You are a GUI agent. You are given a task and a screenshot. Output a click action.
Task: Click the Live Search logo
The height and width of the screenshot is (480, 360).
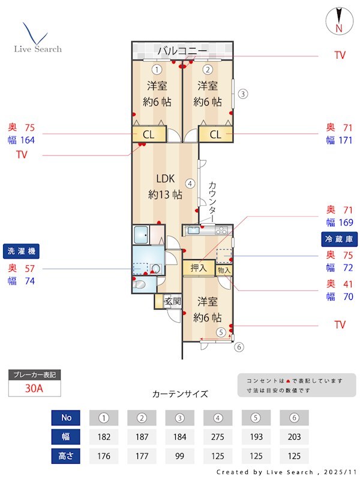(x=37, y=38)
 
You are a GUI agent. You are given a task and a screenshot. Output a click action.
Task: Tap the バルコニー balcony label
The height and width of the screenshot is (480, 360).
(x=182, y=50)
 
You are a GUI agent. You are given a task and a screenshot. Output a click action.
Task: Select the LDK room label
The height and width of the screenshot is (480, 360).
(x=165, y=186)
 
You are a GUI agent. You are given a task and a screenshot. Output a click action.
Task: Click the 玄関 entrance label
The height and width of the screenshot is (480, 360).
(x=173, y=301)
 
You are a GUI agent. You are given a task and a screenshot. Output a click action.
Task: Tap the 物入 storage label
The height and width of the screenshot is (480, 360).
(x=224, y=271)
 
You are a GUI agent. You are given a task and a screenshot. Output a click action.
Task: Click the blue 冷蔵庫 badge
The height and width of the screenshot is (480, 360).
(x=339, y=239)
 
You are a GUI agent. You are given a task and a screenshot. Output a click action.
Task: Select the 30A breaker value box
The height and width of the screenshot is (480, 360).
(x=34, y=388)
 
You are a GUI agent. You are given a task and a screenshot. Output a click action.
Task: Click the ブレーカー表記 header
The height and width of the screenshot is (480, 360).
(x=34, y=375)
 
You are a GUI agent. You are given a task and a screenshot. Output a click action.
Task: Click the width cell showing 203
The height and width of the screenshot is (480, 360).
(x=294, y=437)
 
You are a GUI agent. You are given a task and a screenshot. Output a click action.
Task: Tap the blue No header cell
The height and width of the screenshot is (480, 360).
(x=66, y=418)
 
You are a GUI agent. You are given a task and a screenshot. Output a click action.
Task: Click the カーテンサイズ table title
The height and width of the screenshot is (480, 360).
(x=180, y=394)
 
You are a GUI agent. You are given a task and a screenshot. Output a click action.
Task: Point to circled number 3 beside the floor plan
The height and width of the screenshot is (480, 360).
(x=242, y=94)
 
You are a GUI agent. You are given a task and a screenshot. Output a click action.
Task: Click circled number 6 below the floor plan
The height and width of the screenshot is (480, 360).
(x=238, y=346)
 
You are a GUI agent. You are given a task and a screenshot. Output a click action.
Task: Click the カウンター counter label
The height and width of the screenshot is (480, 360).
(x=213, y=201)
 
